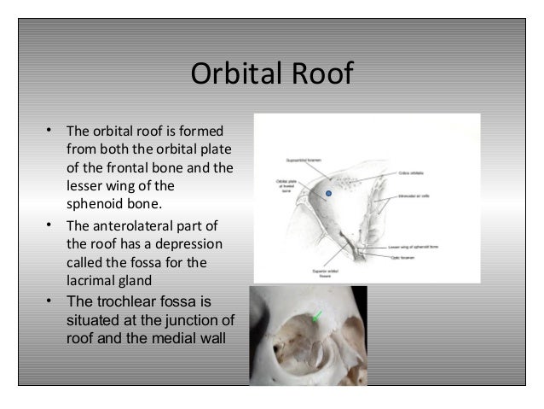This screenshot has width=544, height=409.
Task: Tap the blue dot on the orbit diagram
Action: (327, 195)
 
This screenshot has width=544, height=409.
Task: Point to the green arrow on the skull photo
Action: (318, 316)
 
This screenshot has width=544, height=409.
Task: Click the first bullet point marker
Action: (50, 131)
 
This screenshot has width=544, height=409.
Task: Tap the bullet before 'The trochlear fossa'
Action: (50, 301)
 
